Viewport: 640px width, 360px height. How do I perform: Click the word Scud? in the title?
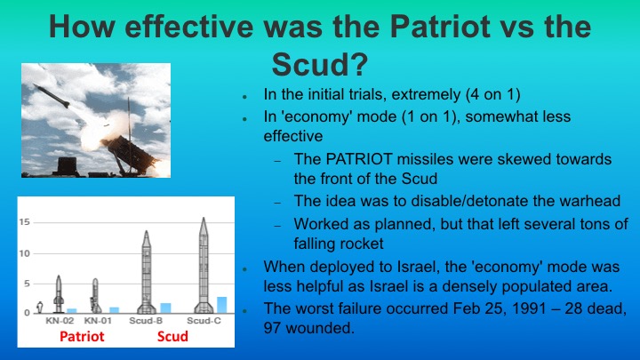point(320,63)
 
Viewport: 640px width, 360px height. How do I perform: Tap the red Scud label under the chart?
point(172,337)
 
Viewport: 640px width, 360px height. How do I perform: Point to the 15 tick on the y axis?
point(26,220)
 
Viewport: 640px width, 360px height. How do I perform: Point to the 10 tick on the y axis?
point(26,253)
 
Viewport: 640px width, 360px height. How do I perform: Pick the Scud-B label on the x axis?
point(149,319)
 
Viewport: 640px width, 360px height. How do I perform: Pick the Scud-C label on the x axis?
point(204,319)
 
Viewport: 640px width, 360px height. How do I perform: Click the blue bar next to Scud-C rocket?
point(221,304)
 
